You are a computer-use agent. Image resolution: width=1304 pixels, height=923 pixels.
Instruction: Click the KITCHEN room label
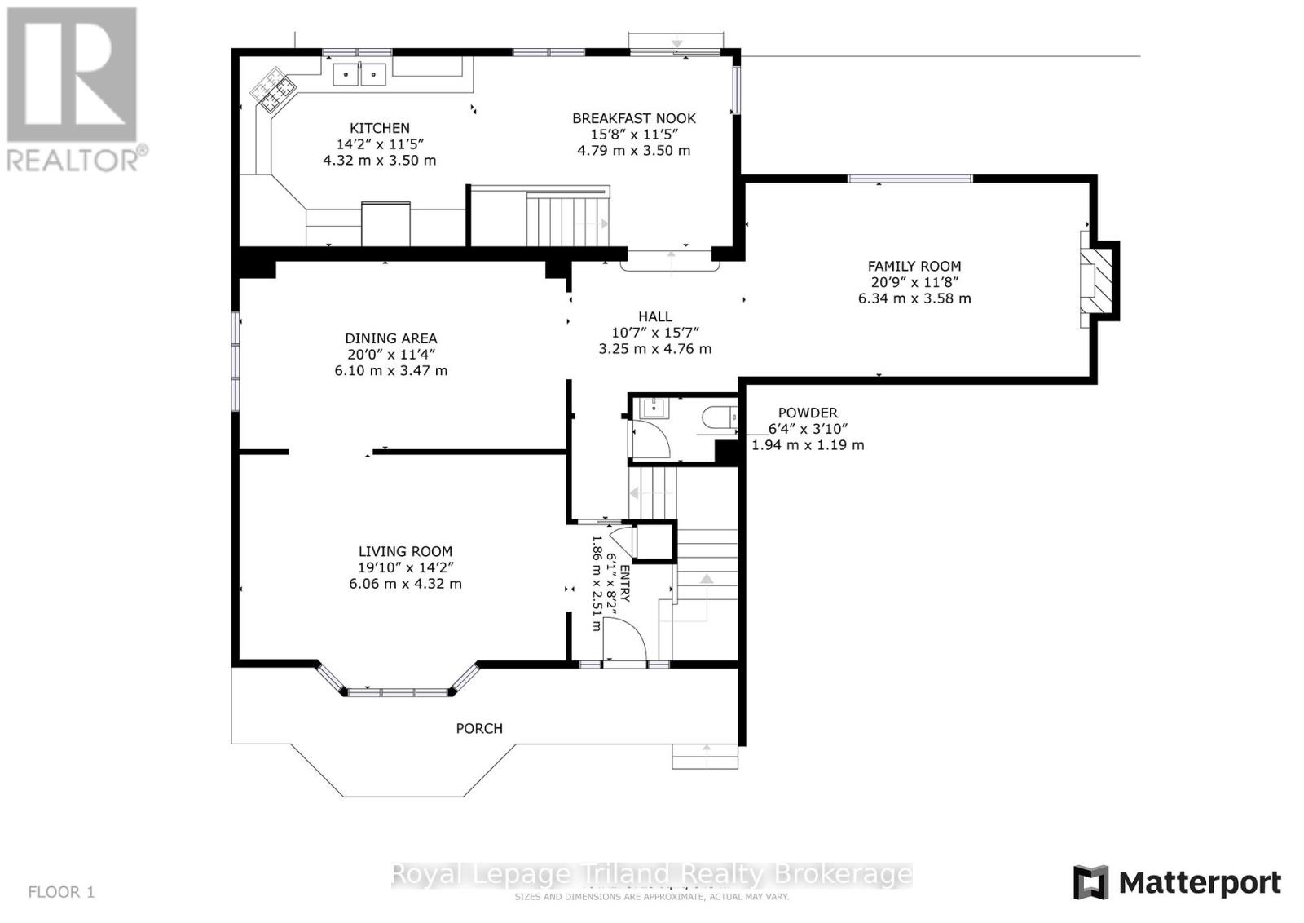(380, 128)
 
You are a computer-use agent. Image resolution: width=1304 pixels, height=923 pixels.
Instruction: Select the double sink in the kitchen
(359, 75)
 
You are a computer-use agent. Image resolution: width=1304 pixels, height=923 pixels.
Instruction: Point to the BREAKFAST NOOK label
(634, 118)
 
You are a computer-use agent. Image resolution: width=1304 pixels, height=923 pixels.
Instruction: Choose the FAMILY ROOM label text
(914, 266)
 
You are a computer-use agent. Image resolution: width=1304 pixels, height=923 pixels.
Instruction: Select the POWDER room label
(807, 413)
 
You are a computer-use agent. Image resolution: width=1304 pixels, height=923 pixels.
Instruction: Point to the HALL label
(655, 316)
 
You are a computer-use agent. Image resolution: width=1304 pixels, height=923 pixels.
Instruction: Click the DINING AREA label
(391, 338)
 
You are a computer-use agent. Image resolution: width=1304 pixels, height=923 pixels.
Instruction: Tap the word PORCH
(479, 728)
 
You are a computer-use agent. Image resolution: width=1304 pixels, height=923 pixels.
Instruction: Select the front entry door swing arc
(627, 639)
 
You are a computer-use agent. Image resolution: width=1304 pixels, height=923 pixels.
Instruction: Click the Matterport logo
(1176, 882)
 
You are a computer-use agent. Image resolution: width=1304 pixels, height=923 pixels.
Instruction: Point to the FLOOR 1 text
(61, 892)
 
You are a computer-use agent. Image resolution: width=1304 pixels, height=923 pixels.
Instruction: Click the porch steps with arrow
(705, 756)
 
